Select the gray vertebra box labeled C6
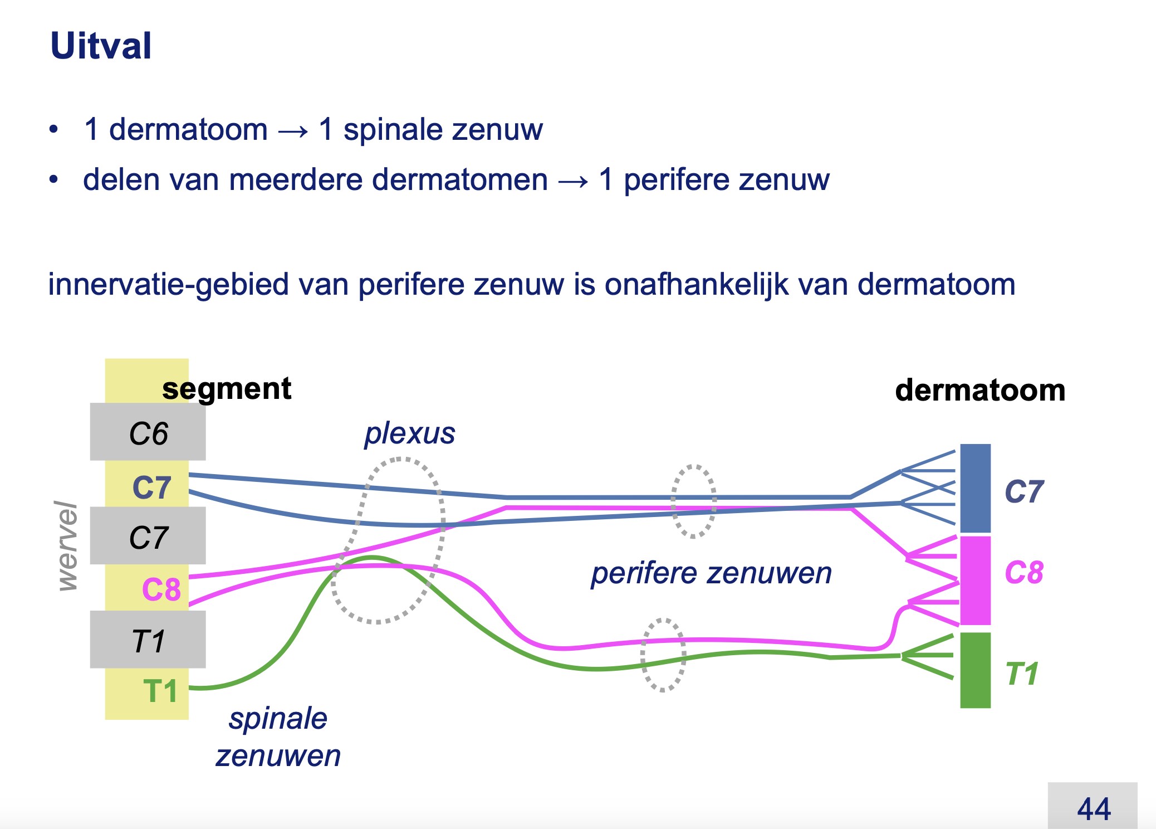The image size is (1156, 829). (x=148, y=432)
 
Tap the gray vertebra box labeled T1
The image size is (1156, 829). (x=148, y=640)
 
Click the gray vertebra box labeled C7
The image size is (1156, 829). (x=148, y=535)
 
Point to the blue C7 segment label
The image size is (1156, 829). (x=151, y=487)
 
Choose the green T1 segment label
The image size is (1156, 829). (x=160, y=691)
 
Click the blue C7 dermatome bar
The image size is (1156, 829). (x=976, y=488)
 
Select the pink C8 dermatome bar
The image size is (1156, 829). (x=976, y=581)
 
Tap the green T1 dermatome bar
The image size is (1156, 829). (x=976, y=670)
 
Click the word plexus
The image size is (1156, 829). (x=410, y=434)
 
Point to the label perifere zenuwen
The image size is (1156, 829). (x=712, y=573)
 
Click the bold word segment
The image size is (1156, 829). (x=227, y=389)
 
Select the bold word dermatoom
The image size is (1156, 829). (x=980, y=390)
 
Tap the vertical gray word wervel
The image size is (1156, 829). (x=67, y=545)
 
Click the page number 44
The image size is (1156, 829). (x=1094, y=809)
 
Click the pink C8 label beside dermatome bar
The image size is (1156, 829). (x=1023, y=572)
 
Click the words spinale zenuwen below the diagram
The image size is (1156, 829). (x=278, y=737)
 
